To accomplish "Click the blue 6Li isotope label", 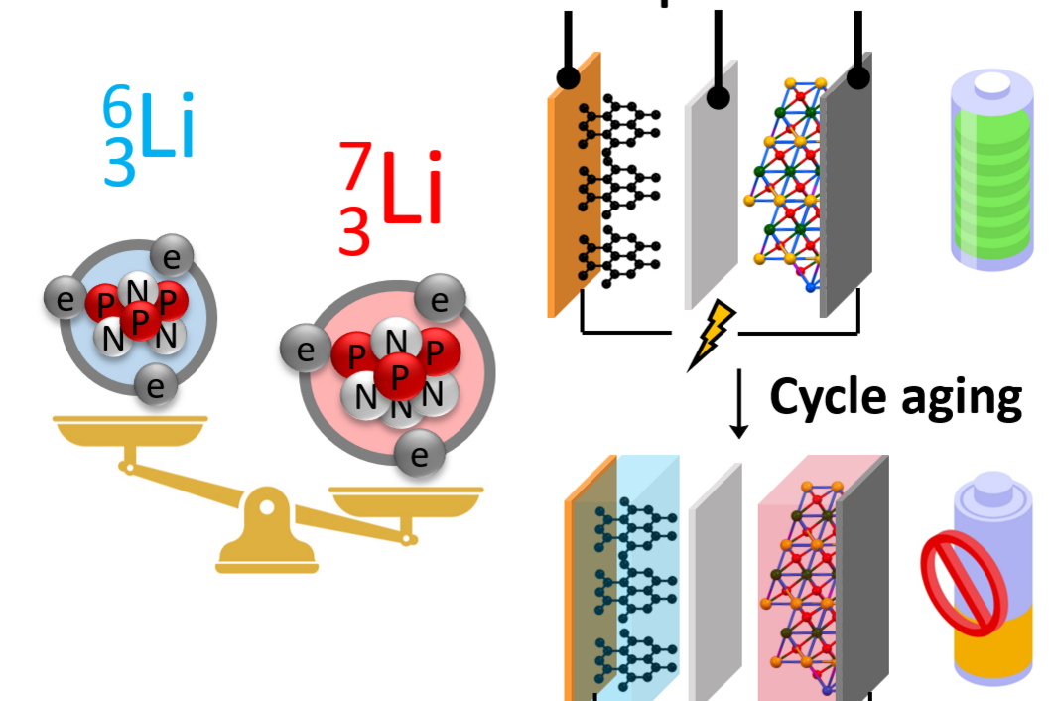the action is click(148, 134).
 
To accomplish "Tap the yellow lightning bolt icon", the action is click(711, 335).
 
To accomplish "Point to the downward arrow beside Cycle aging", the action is click(738, 403).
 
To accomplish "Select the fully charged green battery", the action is click(992, 170).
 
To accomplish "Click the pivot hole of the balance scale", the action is click(267, 507).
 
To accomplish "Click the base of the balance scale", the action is click(267, 559).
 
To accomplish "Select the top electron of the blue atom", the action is click(172, 256).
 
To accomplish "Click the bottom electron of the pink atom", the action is click(419, 454).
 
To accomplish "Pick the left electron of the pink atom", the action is click(305, 349).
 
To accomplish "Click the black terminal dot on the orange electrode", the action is click(569, 77).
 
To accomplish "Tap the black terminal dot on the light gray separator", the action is click(718, 98).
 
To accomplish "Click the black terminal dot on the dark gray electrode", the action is click(857, 77).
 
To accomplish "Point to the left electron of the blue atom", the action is click(66, 299).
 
